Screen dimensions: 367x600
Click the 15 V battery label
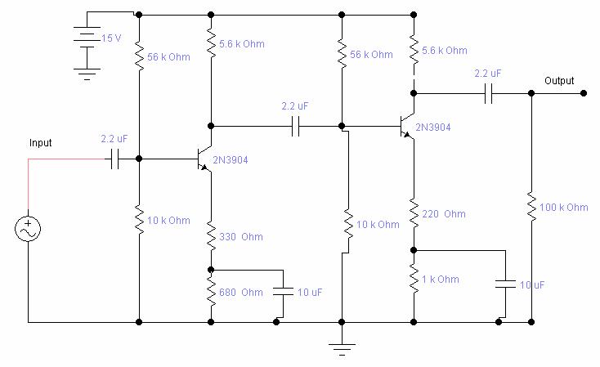[110, 38]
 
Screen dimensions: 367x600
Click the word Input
[41, 143]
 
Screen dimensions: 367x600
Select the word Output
[559, 81]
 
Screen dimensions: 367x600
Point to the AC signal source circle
[29, 230]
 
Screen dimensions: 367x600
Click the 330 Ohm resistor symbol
[212, 237]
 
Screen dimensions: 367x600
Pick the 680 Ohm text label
[241, 293]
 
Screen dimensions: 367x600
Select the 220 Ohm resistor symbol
[414, 214]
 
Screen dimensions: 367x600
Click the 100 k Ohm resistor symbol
[532, 208]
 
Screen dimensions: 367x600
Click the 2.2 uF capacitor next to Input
[115, 159]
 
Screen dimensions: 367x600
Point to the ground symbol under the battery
[85, 73]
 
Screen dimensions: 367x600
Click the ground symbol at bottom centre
[343, 347]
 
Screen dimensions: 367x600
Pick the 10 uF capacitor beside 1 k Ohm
[505, 284]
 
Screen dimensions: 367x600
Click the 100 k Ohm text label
[564, 208]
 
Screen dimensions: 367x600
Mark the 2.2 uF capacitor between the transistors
[296, 127]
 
